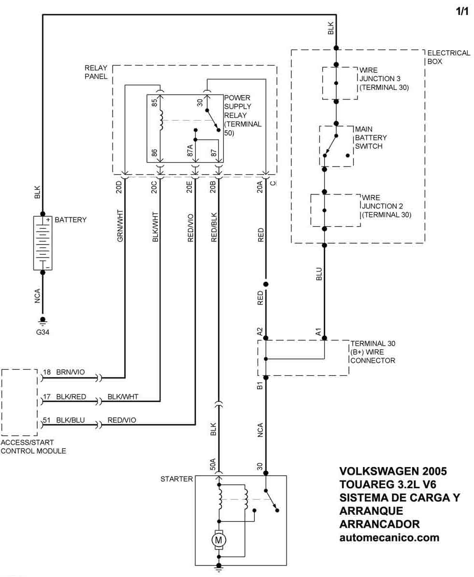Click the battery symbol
tap(43, 243)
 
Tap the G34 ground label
tap(43, 332)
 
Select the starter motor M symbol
tap(219, 538)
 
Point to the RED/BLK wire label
tap(214, 226)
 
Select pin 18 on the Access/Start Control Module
tap(46, 372)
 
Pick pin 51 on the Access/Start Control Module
tap(46, 420)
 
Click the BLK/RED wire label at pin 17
tap(71, 397)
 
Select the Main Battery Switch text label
tap(371, 137)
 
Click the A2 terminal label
tap(260, 331)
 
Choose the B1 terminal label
tap(260, 385)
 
